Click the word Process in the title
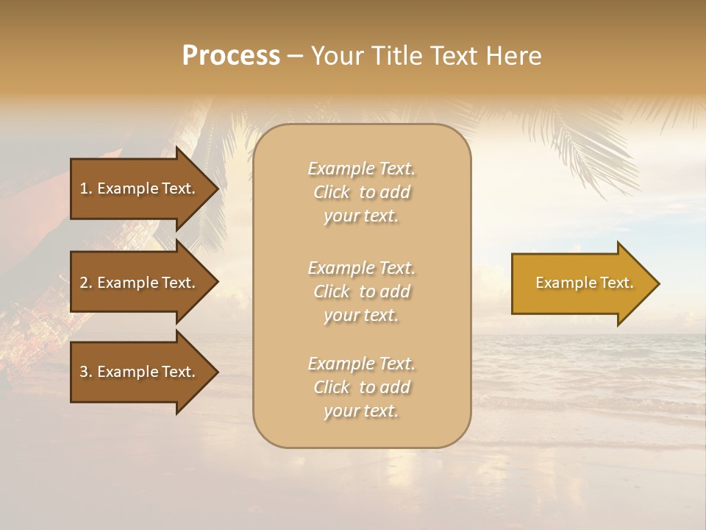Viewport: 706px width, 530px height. pos(231,56)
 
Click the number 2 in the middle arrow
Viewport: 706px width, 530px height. pos(84,283)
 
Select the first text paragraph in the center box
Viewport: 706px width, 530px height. pos(361,192)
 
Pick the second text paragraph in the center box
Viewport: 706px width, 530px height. pos(361,291)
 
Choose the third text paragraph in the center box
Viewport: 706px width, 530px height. pos(361,387)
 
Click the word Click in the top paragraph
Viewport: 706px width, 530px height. pos(331,192)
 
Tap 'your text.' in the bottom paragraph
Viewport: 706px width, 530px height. pos(361,411)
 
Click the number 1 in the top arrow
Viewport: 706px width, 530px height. pos(84,188)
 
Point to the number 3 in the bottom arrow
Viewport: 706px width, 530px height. pos(84,372)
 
